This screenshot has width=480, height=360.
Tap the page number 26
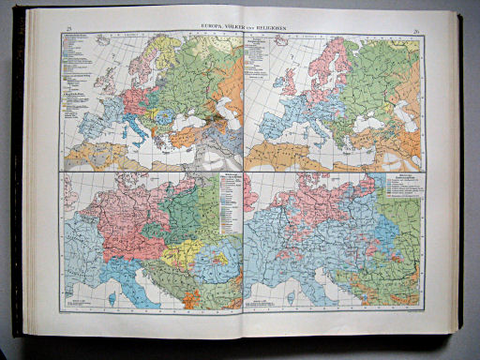pos(414,32)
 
